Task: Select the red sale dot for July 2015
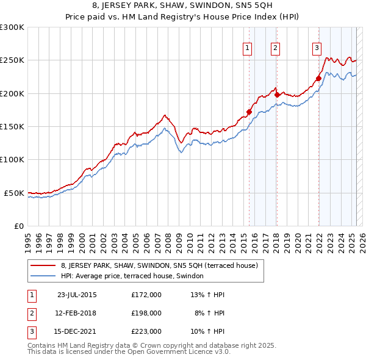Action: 249,112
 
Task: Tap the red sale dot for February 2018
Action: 277,95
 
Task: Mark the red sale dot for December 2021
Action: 318,78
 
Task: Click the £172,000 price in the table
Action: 146,295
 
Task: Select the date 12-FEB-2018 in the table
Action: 76,313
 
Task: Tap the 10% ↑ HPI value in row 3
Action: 210,331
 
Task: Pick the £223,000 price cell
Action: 146,331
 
